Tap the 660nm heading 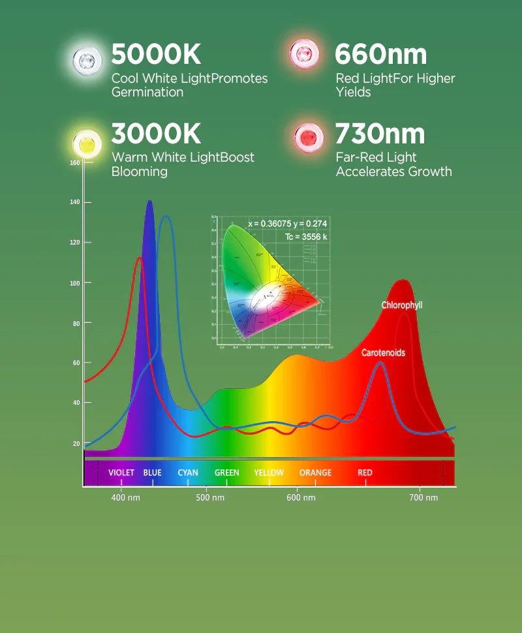(380, 55)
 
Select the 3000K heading (156, 134)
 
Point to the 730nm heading (380, 134)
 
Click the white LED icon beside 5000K (87, 59)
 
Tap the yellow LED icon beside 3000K (87, 141)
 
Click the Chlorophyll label (402, 305)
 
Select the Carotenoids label (383, 353)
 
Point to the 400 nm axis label (125, 498)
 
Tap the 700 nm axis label (423, 498)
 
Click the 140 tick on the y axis (74, 202)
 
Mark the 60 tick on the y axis (76, 363)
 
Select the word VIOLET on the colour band (121, 473)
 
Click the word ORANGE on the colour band (315, 473)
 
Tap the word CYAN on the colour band (188, 473)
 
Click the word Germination (147, 92)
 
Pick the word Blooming (140, 171)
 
